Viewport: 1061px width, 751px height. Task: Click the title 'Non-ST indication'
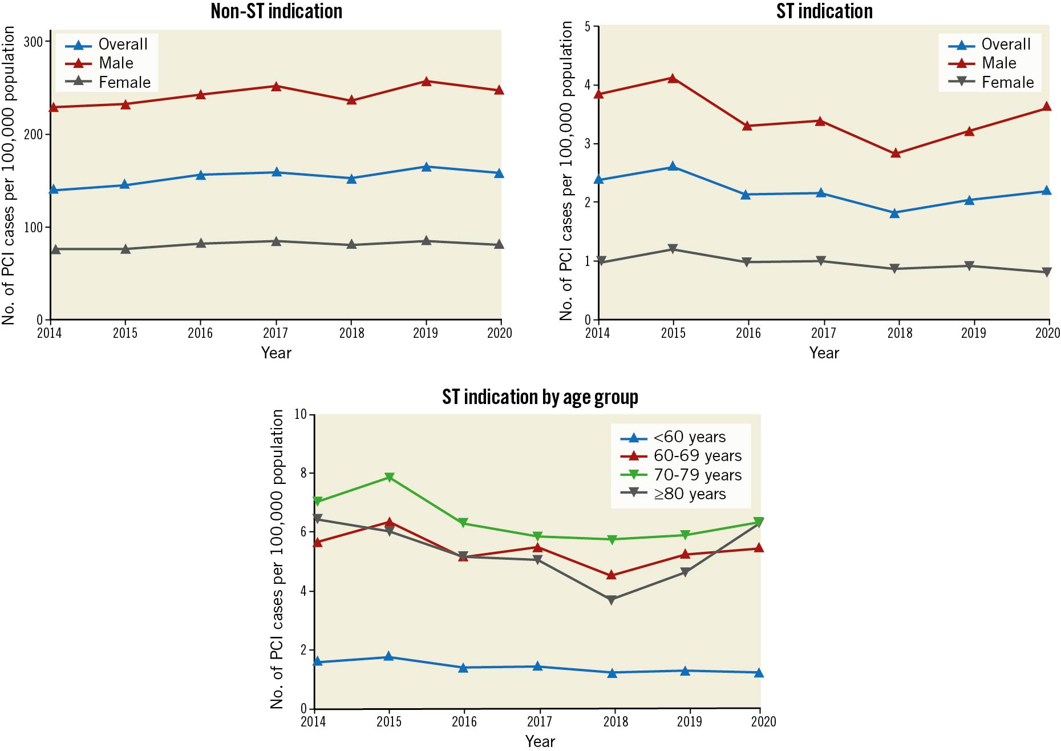[276, 11]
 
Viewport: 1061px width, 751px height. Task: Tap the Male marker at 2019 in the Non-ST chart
[426, 82]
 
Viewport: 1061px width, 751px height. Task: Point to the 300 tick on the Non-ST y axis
[34, 42]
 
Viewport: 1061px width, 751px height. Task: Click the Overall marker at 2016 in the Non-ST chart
[201, 175]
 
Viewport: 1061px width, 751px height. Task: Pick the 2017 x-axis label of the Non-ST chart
[276, 333]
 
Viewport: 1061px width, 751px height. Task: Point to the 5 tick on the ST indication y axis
[588, 27]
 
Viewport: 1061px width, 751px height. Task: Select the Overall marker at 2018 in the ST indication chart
[895, 213]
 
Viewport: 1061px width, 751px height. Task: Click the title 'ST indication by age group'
[540, 397]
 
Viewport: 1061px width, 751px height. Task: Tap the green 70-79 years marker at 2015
[390, 478]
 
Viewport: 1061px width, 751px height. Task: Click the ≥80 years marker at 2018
[612, 600]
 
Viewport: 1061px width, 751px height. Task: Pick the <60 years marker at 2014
[318, 661]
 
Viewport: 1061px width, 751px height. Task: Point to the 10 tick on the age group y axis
[301, 414]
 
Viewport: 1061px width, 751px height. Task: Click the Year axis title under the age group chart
[540, 741]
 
